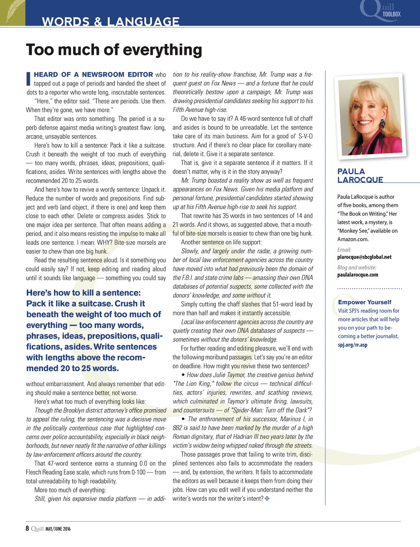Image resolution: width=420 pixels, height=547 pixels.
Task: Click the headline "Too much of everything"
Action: [114, 50]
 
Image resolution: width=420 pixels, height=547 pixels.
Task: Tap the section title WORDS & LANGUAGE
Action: [111, 21]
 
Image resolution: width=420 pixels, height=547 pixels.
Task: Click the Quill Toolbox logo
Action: [381, 11]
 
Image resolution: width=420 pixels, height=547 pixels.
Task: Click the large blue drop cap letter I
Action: [28, 79]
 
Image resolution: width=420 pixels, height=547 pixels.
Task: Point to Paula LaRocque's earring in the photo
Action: [382, 123]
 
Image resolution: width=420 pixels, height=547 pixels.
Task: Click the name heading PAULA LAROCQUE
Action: [360, 175]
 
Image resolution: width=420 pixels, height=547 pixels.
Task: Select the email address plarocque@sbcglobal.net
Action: [364, 257]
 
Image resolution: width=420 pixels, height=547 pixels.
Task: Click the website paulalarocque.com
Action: [358, 275]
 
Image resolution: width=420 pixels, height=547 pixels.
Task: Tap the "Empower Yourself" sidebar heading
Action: [365, 302]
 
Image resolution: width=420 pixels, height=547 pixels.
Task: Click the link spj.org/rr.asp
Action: [352, 345]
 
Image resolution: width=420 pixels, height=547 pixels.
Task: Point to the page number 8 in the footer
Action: [27, 529]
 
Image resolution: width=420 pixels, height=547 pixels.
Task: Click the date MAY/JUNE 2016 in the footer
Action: [58, 529]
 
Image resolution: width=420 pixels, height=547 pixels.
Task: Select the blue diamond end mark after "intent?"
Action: [267, 499]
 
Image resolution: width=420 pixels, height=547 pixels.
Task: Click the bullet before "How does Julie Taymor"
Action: [183, 375]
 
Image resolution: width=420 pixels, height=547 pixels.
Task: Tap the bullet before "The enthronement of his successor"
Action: [183, 419]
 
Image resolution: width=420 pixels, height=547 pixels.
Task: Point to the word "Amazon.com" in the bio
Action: [353, 239]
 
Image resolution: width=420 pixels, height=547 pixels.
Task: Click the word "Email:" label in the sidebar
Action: [344, 250]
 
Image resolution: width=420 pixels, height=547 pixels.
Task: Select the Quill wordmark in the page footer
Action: [37, 529]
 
